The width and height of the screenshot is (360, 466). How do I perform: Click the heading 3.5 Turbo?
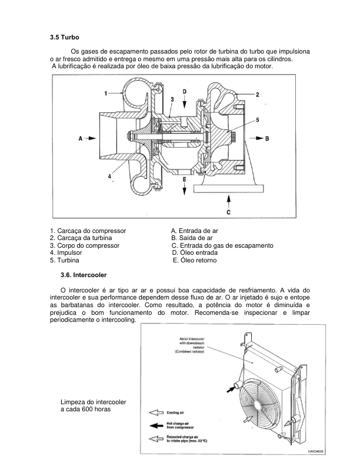(65, 37)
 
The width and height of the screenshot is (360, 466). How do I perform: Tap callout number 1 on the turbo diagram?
(106, 94)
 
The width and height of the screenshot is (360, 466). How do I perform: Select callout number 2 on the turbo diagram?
(258, 94)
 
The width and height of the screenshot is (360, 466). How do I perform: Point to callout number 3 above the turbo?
(172, 99)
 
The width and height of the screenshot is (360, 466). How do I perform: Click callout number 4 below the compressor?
(109, 176)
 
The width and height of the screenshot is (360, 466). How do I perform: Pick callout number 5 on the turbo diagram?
(256, 119)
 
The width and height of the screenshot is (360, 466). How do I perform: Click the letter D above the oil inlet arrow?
(184, 92)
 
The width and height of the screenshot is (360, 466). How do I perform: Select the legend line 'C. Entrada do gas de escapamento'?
(222, 245)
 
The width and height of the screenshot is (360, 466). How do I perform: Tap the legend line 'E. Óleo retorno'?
(195, 260)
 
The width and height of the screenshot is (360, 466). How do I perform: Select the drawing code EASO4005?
(316, 451)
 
